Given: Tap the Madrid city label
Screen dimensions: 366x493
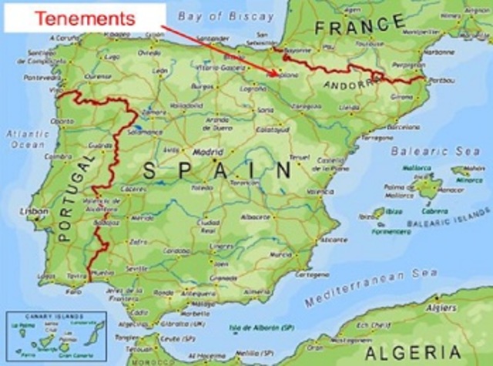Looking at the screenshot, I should point(208,153).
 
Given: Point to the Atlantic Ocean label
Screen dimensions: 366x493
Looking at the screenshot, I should point(27,138).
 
